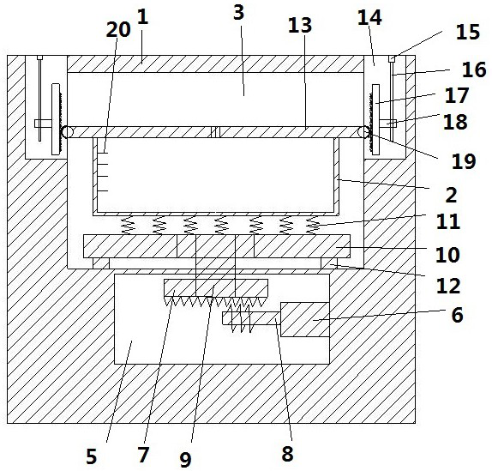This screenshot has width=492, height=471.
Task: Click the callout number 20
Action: [118, 30]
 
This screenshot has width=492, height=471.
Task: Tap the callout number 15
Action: [467, 32]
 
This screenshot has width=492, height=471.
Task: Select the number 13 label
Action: [300, 25]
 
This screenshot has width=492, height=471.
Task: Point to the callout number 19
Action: [464, 161]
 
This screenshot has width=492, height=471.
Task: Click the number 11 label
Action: [448, 221]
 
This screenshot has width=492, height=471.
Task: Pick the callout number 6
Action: [457, 315]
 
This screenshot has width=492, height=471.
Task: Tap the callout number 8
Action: [287, 454]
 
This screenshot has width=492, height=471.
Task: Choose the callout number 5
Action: [92, 456]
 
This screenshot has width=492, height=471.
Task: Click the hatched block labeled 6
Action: [304, 320]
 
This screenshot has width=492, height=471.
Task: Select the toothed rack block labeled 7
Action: [216, 287]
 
